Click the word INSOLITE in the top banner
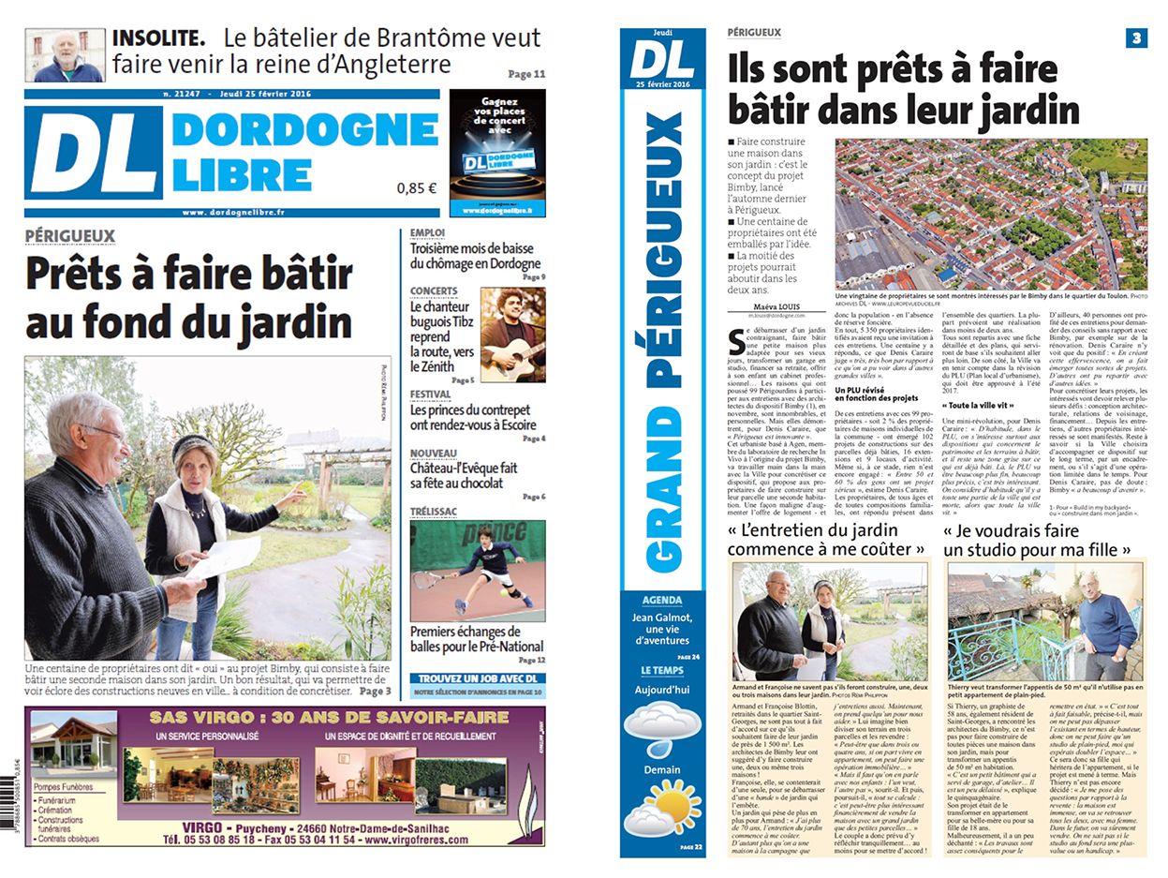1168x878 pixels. click(x=158, y=38)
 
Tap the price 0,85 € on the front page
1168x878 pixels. click(x=417, y=187)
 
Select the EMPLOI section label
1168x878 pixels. click(x=428, y=234)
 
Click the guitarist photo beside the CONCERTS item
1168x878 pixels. click(x=512, y=334)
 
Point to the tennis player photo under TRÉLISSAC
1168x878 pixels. click(x=477, y=571)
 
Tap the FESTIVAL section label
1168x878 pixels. click(x=431, y=394)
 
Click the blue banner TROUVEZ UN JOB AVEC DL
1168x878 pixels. click(x=478, y=678)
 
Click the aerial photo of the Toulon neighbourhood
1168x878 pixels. click(x=990, y=215)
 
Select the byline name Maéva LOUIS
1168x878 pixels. click(x=780, y=305)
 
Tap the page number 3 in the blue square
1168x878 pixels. click(x=1136, y=38)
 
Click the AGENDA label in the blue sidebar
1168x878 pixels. click(x=661, y=600)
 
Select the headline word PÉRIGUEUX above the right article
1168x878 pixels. click(x=754, y=33)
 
